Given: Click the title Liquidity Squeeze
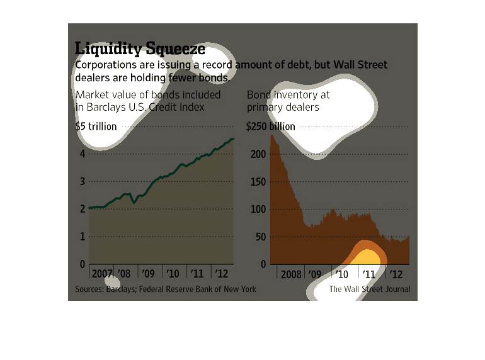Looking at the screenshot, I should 140,48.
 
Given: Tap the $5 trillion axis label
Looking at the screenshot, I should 96,127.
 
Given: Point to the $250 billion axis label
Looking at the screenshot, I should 271,127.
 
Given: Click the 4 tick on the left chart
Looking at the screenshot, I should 82,154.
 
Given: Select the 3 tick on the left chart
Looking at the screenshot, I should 82,181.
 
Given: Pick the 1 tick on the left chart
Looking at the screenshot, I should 82,237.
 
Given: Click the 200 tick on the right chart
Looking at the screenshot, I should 255,154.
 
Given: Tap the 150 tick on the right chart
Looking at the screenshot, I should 255,181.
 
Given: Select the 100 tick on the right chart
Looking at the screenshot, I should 255,209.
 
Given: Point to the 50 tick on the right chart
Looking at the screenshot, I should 258,237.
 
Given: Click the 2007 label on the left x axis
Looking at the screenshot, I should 101,274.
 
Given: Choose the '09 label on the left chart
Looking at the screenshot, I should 148,274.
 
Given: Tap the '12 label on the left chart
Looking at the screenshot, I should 222,274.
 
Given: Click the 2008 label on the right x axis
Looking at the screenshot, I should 290,274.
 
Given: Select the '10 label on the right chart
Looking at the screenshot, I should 342,274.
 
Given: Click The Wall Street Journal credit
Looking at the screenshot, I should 369,290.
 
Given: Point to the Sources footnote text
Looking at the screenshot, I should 166,290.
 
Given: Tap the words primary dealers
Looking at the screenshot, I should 283,107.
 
